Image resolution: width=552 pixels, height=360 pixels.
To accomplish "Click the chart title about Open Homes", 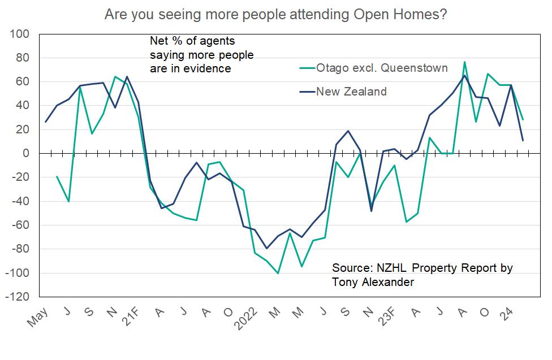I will coord(276,14).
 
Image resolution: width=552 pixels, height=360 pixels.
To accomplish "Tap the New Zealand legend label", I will coord(351,92).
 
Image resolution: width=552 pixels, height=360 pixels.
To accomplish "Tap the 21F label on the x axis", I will coord(133,319).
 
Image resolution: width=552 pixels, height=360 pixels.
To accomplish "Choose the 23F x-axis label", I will coord(390,319).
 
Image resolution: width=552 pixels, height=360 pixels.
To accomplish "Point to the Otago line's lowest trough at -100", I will coord(278,273).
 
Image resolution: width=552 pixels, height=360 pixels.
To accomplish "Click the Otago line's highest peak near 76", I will coord(464,62).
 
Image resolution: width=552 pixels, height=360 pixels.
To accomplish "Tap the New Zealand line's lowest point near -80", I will coord(266,249).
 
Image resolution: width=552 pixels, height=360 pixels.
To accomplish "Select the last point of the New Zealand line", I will coord(523,140).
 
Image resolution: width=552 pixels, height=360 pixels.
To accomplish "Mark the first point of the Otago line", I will coord(57,176).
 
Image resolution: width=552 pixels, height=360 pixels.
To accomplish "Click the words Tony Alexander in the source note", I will coord(373,282).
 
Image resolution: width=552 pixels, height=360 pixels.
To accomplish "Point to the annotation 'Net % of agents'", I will coord(192,42).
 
